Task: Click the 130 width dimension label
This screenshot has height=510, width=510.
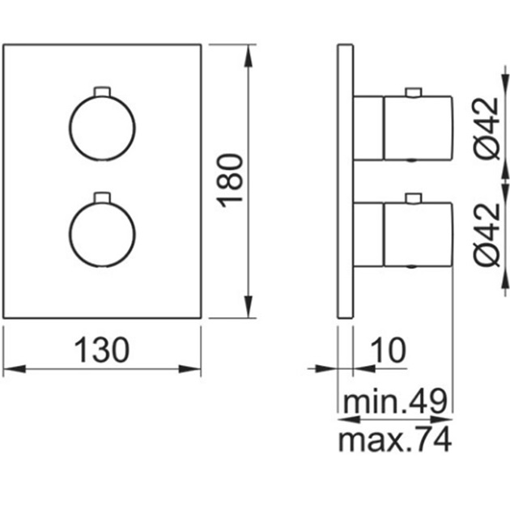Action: click(102, 350)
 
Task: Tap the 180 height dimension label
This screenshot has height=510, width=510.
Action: click(230, 181)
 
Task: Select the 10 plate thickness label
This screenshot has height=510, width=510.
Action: click(388, 350)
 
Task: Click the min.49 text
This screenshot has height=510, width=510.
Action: click(396, 401)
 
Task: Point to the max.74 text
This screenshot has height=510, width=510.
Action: click(395, 440)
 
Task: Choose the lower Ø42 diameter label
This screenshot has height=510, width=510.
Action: click(487, 235)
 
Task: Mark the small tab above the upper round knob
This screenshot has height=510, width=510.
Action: click(102, 91)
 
